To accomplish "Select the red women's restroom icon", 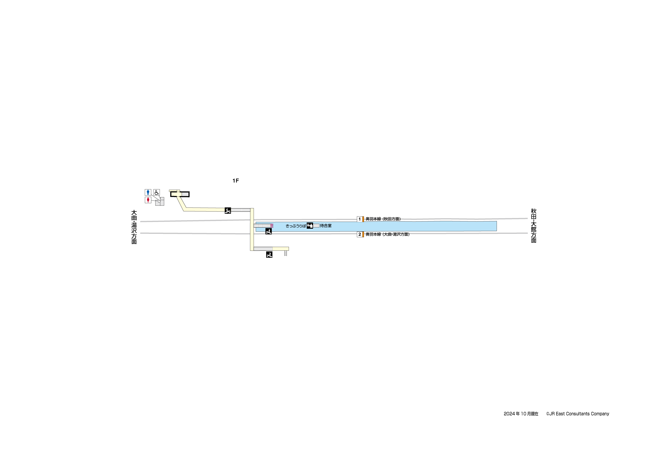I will click(148, 200).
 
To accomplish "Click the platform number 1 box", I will click(360, 219).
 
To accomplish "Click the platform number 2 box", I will click(360, 234).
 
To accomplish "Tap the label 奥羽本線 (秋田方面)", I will click(383, 219).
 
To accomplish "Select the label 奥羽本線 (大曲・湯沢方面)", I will click(387, 234).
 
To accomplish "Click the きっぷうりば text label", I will click(296, 226).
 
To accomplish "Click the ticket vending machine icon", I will click(310, 226).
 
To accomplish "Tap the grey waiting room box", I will click(316, 226).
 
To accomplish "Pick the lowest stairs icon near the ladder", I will click(269, 255).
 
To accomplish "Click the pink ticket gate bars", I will click(272, 226).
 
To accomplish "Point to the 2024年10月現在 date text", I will click(521, 414).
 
